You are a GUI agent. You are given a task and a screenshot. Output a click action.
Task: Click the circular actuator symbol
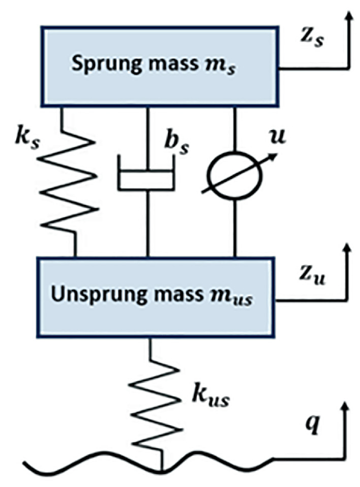point(233,176)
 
